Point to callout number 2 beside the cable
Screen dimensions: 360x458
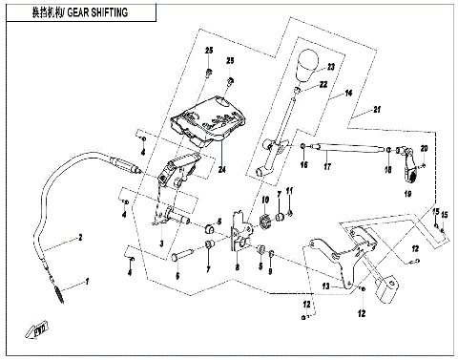pos(80,237)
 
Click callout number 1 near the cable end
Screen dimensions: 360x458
pos(87,283)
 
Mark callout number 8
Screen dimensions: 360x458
pos(238,269)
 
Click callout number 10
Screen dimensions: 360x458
pos(264,202)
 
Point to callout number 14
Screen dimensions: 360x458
pos(349,93)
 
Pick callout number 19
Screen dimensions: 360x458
pos(407,192)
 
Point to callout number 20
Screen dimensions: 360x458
pos(425,149)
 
